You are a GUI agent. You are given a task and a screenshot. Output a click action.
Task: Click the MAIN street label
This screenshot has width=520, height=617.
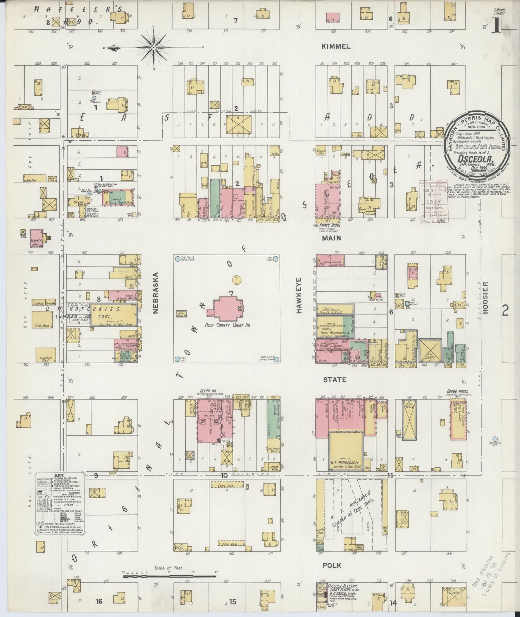pos(331,238)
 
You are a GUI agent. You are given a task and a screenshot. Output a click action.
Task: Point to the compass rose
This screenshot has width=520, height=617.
pos(154,48)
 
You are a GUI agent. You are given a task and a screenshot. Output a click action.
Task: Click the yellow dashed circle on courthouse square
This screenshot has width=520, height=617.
pos(236,280)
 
